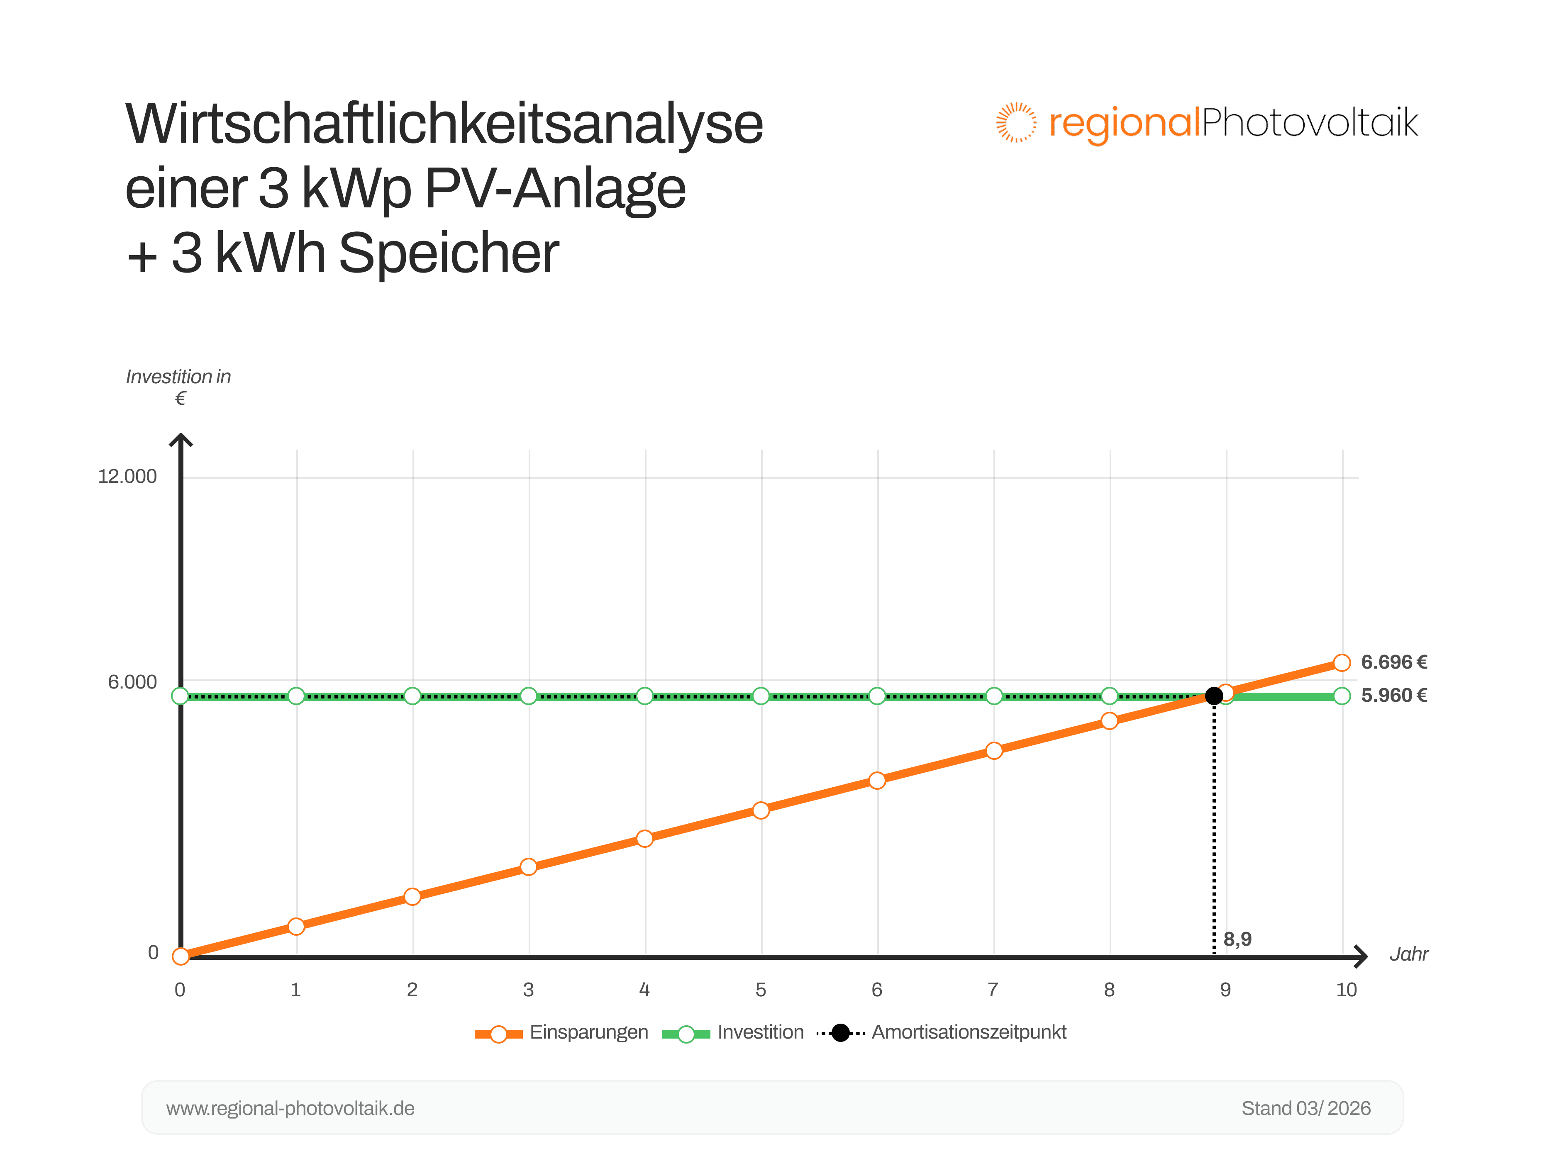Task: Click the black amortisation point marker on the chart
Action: tap(1214, 696)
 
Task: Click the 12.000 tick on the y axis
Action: tap(127, 477)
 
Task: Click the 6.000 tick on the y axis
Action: tap(132, 682)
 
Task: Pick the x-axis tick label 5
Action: tap(761, 990)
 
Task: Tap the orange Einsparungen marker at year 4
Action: tap(645, 838)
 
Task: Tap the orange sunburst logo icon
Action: tap(1016, 123)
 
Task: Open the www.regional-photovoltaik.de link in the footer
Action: tap(290, 1109)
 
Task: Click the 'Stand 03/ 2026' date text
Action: tap(1306, 1109)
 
